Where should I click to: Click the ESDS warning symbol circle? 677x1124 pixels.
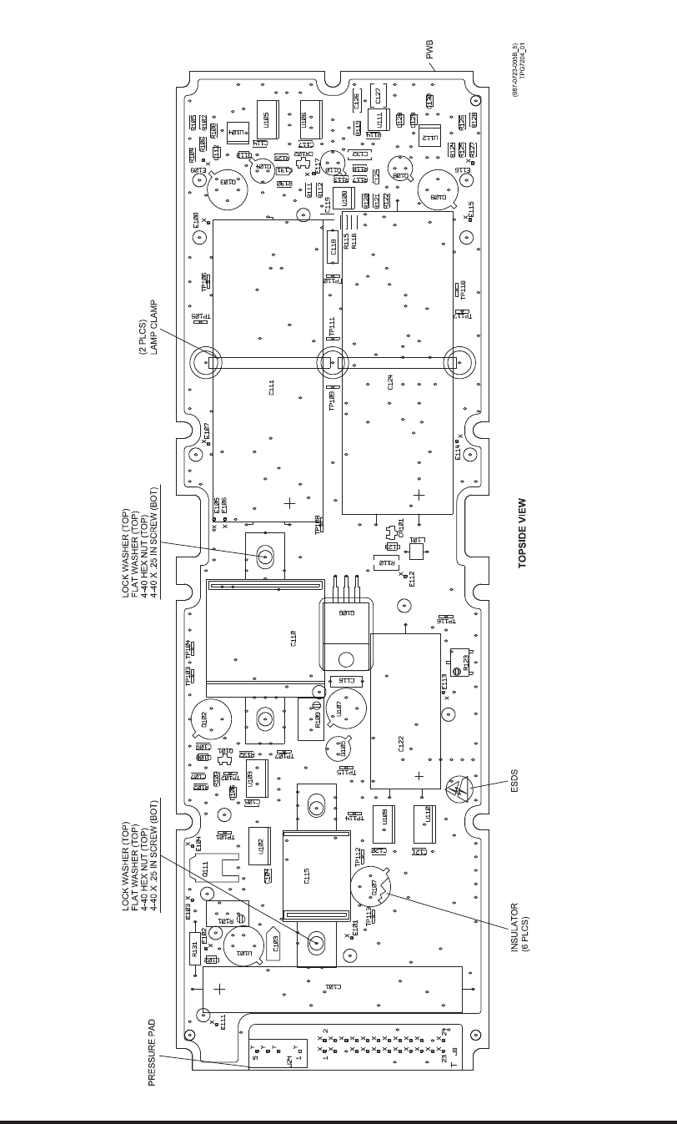point(457,789)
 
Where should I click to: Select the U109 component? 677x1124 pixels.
point(384,817)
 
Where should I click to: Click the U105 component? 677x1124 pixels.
point(265,125)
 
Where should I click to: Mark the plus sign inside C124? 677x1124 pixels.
point(419,496)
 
